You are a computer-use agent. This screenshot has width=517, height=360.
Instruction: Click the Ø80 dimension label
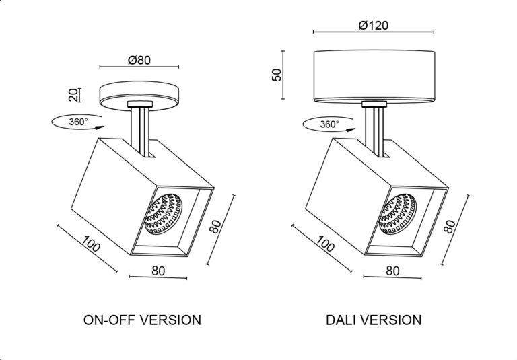tap(139, 60)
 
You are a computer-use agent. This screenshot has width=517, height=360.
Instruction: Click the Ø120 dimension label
tap(373, 25)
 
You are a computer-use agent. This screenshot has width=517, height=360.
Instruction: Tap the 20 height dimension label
tap(73, 95)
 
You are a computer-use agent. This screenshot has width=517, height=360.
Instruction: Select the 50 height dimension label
tap(277, 75)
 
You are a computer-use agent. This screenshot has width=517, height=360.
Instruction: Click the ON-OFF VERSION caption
tap(142, 320)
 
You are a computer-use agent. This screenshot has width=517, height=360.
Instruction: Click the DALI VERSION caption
tap(374, 320)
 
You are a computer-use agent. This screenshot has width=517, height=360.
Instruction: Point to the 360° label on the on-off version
tap(79, 122)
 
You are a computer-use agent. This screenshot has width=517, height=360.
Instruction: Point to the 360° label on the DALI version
tap(329, 124)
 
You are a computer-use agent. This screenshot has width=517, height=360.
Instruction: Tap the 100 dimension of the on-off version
tap(91, 244)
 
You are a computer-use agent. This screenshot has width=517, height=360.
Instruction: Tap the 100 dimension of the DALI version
tap(325, 244)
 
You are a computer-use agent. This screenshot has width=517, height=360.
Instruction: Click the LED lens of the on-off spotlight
tap(164, 213)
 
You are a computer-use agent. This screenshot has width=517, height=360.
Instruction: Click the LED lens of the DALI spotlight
tap(398, 214)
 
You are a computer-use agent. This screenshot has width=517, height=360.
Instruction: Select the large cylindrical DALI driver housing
tap(374, 76)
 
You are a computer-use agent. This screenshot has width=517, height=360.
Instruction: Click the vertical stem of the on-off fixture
tap(140, 131)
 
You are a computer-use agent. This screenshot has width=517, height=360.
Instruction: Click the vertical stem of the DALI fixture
tap(374, 131)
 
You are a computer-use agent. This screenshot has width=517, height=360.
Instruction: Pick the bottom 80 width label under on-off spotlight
tap(158, 271)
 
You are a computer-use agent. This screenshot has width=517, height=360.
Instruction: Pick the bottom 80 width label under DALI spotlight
tap(392, 271)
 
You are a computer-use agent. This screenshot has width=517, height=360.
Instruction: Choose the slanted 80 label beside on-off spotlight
tap(216, 227)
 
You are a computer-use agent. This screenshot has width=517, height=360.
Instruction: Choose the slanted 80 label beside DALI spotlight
tap(450, 226)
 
